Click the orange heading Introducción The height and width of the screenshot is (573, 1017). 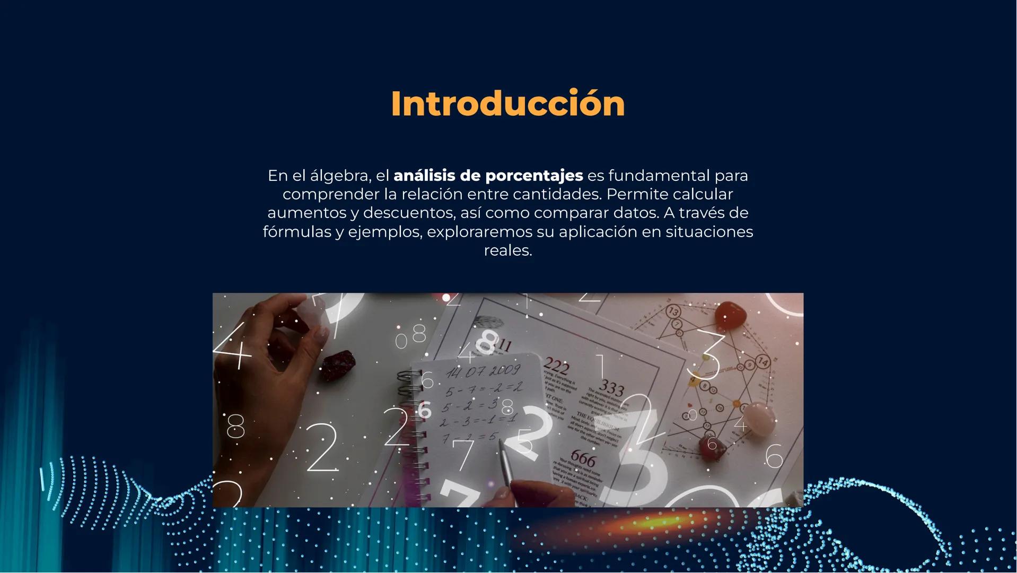coord(507,103)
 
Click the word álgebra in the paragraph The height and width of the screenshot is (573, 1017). coord(338,175)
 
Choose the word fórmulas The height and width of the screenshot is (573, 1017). coord(296,232)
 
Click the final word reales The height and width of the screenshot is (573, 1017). coord(507,250)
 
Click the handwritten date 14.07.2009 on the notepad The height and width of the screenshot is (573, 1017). coord(483,371)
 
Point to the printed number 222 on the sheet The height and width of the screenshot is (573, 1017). coord(556,366)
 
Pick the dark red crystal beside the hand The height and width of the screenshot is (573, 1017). coord(337,366)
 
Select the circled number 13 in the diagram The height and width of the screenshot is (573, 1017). coord(673,311)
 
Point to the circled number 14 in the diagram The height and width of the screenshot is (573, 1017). coord(762,362)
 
